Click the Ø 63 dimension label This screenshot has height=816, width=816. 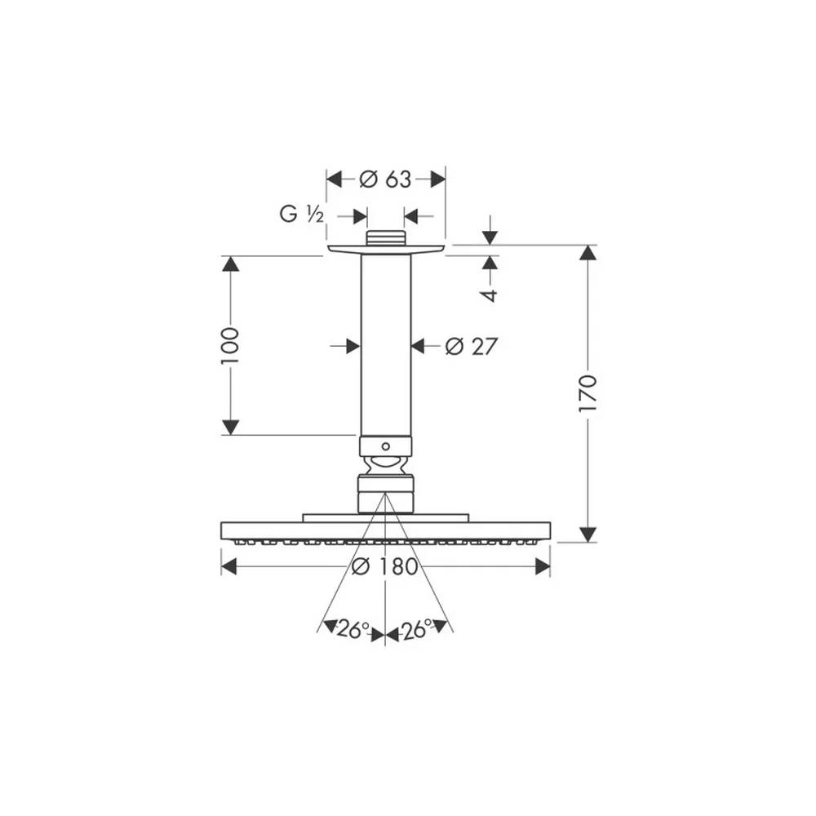coord(385,180)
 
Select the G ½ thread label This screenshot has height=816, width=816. coord(302,214)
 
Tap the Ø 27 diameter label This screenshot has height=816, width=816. coord(472,347)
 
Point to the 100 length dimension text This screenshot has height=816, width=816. coord(229,345)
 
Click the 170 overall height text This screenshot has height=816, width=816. coord(588,393)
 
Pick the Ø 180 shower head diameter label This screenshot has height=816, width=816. coord(385,566)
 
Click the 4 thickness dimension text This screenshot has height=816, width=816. coord(490,295)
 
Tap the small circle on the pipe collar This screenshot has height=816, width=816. coord(386,446)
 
